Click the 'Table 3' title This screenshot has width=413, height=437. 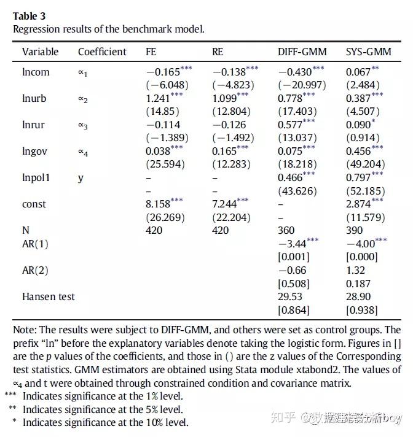click(x=29, y=16)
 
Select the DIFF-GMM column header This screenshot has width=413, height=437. click(x=302, y=52)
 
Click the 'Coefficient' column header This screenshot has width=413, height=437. click(x=102, y=52)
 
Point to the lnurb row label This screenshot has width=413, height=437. click(x=35, y=99)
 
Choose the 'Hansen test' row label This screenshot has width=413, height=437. click(x=49, y=296)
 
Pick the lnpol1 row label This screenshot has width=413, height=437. click(x=36, y=177)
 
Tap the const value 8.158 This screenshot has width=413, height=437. click(x=159, y=204)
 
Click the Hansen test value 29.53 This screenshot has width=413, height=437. click(x=290, y=296)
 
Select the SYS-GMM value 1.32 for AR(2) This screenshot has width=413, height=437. click(x=355, y=270)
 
